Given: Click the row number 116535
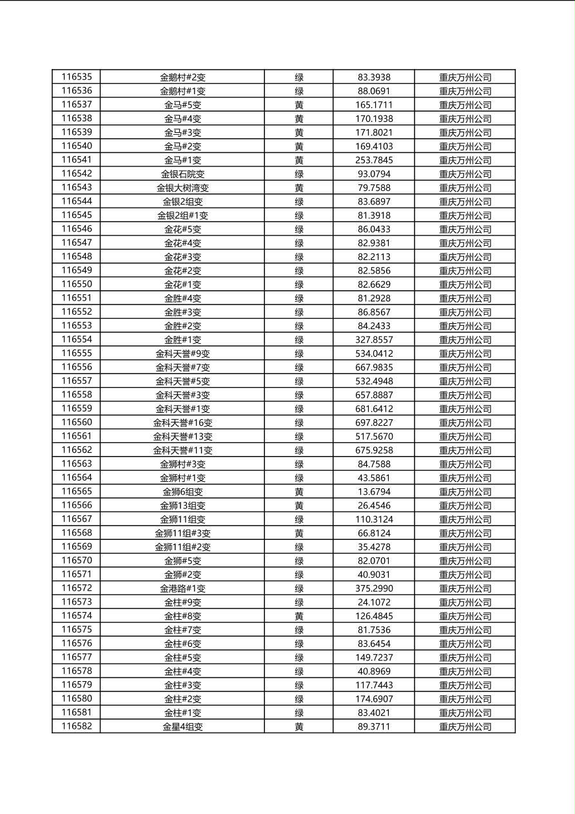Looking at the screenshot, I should pyautogui.click(x=77, y=77).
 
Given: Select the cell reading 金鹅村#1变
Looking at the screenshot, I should pyautogui.click(x=182, y=91).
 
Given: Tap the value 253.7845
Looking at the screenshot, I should pyautogui.click(x=374, y=160).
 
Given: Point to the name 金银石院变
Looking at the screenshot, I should pyautogui.click(x=182, y=174).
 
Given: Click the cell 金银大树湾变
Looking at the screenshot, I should pyautogui.click(x=182, y=188).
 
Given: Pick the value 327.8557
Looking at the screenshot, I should pyautogui.click(x=374, y=339).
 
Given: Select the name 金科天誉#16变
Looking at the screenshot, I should pyautogui.click(x=182, y=422).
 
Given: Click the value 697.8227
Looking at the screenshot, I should pyautogui.click(x=374, y=422).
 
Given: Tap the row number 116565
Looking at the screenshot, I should pyautogui.click(x=77, y=491).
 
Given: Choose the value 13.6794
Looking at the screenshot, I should pyautogui.click(x=374, y=491).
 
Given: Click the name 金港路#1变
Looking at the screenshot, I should pyautogui.click(x=182, y=588).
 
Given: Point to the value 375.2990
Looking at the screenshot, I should pyautogui.click(x=374, y=588).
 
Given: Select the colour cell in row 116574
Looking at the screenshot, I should pyautogui.click(x=299, y=616).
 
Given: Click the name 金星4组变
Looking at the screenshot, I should pyautogui.click(x=182, y=726).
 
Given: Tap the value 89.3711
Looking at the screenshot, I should pyautogui.click(x=374, y=726).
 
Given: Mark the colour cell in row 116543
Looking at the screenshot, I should pyautogui.click(x=299, y=188).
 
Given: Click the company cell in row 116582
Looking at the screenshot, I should pyautogui.click(x=465, y=726).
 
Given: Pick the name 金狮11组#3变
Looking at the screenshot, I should pyautogui.click(x=182, y=533).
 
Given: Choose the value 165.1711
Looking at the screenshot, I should pyautogui.click(x=374, y=104).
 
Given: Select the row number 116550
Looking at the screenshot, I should pyautogui.click(x=77, y=284).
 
